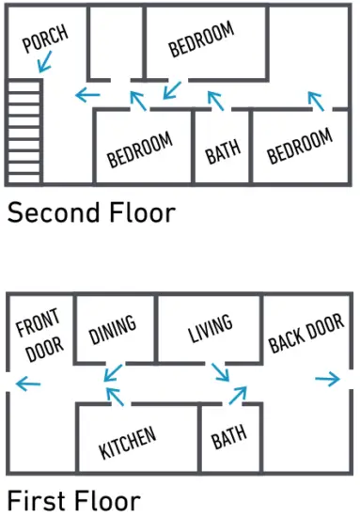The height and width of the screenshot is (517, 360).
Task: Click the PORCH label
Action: [45, 39]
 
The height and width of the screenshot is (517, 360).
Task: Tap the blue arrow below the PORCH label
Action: [45, 62]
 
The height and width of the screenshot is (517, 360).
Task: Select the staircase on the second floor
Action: [24, 132]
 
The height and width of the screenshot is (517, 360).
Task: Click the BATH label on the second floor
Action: [223, 151]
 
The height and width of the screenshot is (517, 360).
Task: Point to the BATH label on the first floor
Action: [228, 437]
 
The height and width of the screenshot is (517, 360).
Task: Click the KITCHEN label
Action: [128, 442]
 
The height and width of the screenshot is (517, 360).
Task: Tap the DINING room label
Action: [113, 330]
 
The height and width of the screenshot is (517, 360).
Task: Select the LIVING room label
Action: [211, 328]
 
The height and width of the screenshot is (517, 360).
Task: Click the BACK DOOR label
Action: [306, 333]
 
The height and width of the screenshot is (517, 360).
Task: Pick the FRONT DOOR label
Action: [39, 335]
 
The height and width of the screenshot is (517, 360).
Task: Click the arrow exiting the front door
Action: [28, 384]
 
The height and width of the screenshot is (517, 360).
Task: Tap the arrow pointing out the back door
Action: [327, 379]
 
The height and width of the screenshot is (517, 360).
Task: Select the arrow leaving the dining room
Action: [113, 373]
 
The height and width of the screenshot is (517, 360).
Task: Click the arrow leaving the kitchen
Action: [115, 397]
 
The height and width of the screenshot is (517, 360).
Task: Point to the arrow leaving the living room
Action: [220, 372]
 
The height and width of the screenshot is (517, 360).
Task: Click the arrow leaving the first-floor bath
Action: [238, 396]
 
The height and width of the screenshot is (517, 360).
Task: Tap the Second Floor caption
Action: [91, 212]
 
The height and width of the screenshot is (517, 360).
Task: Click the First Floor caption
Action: [74, 501]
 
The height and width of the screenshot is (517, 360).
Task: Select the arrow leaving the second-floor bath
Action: [215, 101]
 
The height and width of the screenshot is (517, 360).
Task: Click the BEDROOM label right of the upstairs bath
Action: [299, 146]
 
